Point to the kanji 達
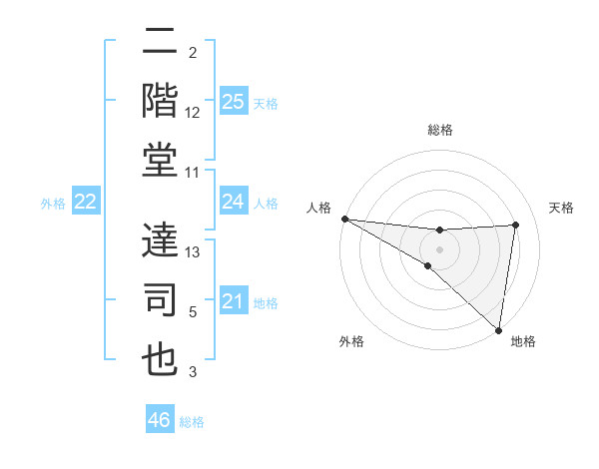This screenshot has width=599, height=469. pyautogui.click(x=160, y=239)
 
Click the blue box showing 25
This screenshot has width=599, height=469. pyautogui.click(x=233, y=102)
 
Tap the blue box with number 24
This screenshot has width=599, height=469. pyautogui.click(x=233, y=202)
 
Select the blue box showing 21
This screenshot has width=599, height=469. pyautogui.click(x=233, y=301)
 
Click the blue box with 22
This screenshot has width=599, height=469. pyautogui.click(x=85, y=202)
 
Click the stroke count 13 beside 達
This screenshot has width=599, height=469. pyautogui.click(x=194, y=252)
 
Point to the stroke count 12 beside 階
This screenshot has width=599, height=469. pyautogui.click(x=194, y=113)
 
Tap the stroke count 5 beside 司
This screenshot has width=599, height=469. pyautogui.click(x=193, y=312)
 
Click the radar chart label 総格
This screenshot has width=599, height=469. pyautogui.click(x=439, y=130)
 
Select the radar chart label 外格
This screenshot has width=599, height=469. pyautogui.click(x=350, y=342)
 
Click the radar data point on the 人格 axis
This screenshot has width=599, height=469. pyautogui.click(x=344, y=219)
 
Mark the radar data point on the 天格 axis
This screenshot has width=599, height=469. pyautogui.click(x=516, y=225)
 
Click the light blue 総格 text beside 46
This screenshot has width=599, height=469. pyautogui.click(x=192, y=422)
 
